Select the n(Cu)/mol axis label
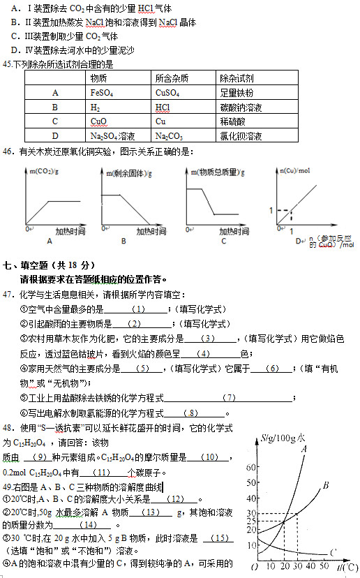(x=294, y=170)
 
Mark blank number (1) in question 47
(x=137, y=309)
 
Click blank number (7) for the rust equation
(x=230, y=398)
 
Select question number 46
(x=8, y=151)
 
